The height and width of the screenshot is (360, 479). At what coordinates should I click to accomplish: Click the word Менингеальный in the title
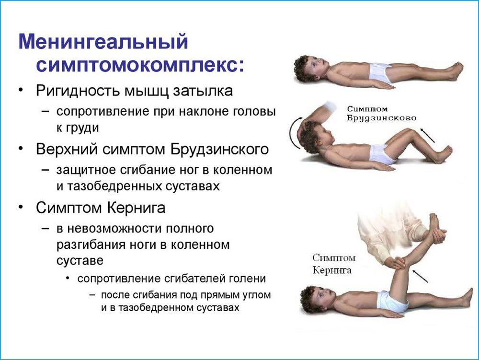point(103,42)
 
